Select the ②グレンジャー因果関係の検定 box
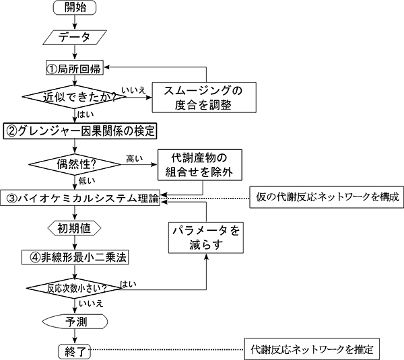click(81, 129)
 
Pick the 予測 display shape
click(71, 320)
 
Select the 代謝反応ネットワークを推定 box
click(314, 350)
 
